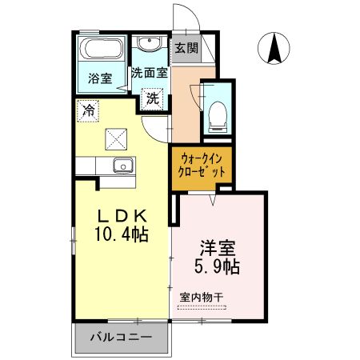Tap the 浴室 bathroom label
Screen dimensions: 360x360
tap(100, 78)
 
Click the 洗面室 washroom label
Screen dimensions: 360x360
tap(150, 72)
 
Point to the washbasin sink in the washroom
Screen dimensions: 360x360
tap(147, 44)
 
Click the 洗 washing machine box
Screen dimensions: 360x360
tap(151, 99)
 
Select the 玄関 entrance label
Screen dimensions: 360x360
tap(186, 47)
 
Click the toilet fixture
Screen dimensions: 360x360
tap(216, 118)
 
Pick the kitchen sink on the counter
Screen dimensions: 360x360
tap(122, 166)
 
